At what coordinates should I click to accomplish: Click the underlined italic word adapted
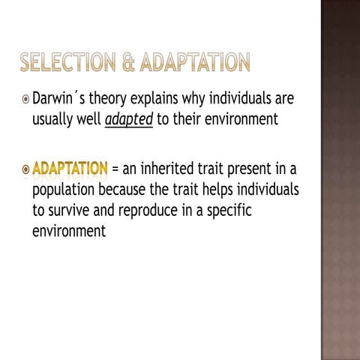click(128, 119)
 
